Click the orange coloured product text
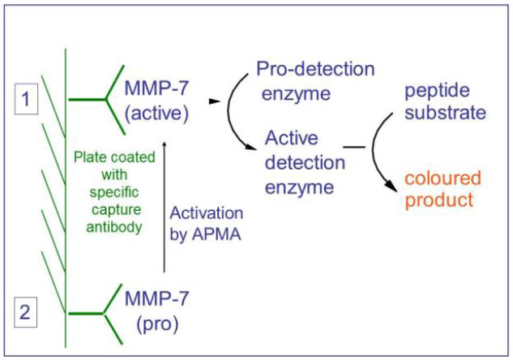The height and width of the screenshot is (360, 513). (442, 190)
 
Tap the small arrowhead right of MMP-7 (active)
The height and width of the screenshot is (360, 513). (214, 102)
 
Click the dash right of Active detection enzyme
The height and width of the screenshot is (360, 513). (353, 148)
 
